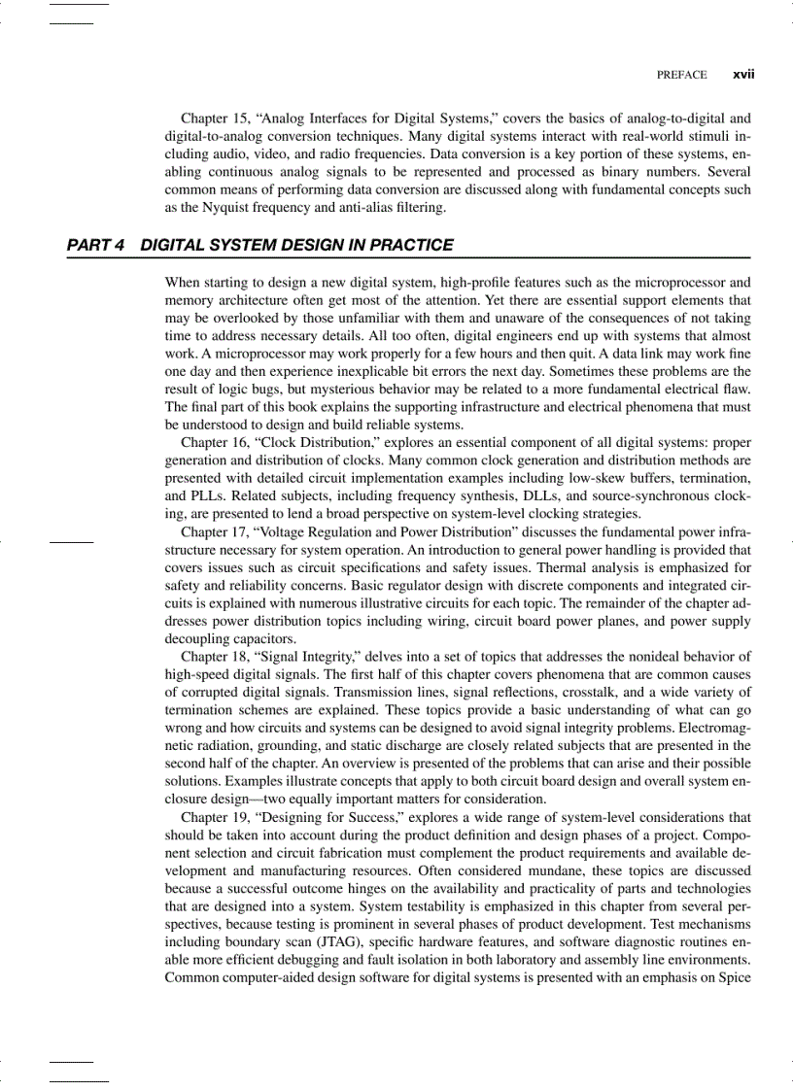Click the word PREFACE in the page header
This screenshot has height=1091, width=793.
tap(681, 74)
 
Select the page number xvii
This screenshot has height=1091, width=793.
tap(743, 74)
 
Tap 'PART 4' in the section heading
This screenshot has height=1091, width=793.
tap(95, 245)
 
